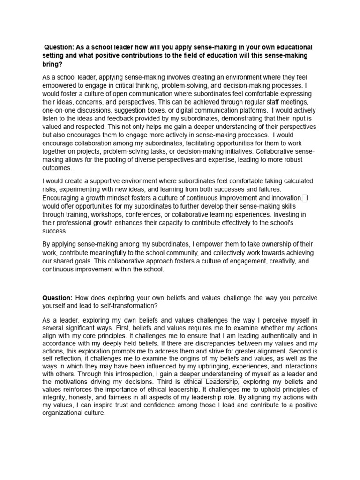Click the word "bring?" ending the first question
52,65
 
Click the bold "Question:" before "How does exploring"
57,298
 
